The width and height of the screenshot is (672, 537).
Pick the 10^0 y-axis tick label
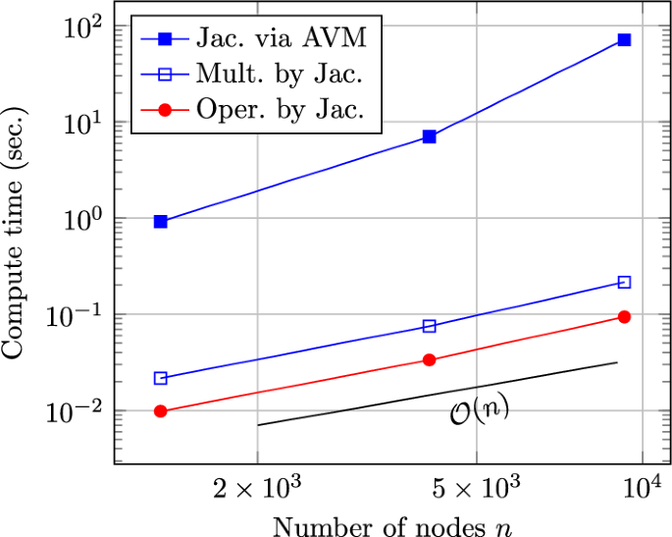(x=82, y=220)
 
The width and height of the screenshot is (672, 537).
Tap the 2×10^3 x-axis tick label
(x=257, y=488)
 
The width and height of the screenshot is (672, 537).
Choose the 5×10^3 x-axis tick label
(x=476, y=488)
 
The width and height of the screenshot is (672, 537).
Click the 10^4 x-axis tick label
(x=643, y=487)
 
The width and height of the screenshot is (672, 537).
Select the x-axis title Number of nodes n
(x=391, y=525)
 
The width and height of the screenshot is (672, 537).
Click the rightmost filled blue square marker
(x=624, y=39)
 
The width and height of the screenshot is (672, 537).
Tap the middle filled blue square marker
(x=429, y=136)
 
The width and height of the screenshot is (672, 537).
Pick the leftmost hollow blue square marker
(x=161, y=378)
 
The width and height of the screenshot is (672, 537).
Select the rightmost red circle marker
(x=624, y=317)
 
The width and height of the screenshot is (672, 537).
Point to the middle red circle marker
(x=429, y=360)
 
